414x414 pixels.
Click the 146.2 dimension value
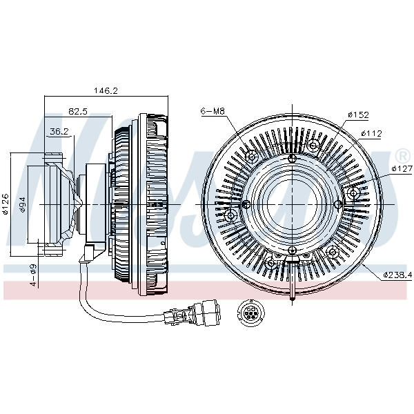coord(106,90)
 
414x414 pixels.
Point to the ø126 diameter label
coord(6,204)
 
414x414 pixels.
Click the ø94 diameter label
coord(23,204)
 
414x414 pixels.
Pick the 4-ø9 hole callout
coord(32,272)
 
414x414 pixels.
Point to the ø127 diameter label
coord(401,168)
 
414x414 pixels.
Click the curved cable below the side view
coord(103,304)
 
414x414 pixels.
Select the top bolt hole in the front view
coord(293,159)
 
